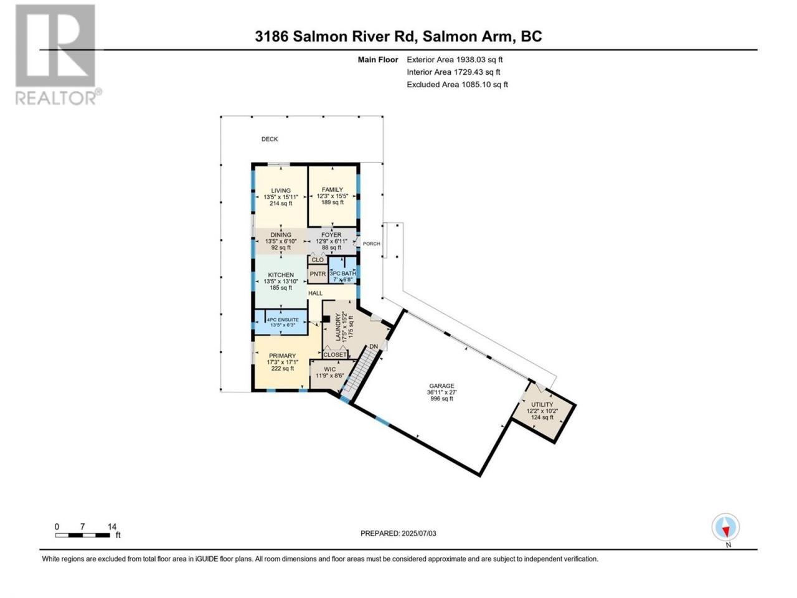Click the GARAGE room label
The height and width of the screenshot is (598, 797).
click(x=441, y=386)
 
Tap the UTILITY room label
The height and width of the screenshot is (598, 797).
click(x=542, y=404)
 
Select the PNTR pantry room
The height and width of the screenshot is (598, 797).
click(x=318, y=274)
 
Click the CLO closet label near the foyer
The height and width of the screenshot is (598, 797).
click(x=318, y=260)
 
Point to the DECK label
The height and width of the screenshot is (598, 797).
click(x=270, y=139)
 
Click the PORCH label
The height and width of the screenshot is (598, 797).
click(x=372, y=244)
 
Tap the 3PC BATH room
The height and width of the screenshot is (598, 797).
click(x=342, y=273)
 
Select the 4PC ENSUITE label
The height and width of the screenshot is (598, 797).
click(x=283, y=320)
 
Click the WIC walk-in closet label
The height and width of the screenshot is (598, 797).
click(x=329, y=369)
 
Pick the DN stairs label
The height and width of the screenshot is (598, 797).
click(x=374, y=347)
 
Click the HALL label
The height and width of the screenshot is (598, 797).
click(x=315, y=293)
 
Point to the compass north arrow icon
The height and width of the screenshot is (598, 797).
click(x=725, y=527)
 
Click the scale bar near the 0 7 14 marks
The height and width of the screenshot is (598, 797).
click(x=82, y=535)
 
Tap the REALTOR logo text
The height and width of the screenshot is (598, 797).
click(x=58, y=97)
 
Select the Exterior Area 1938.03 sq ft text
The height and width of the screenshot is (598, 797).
click(x=455, y=60)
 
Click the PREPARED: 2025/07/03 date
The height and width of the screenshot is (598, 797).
click(x=398, y=533)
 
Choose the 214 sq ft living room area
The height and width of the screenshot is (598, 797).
click(x=281, y=203)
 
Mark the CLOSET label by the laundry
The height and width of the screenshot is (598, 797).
click(x=335, y=354)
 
